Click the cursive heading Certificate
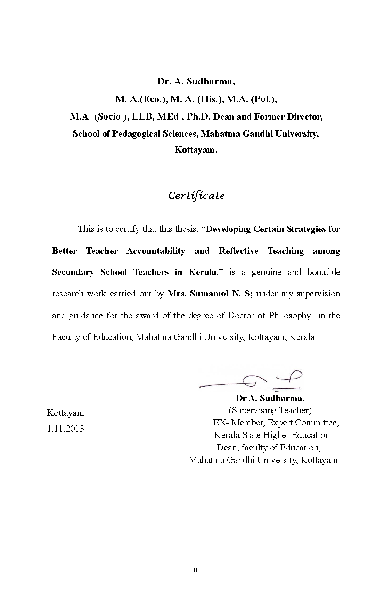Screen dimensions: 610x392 (196, 196)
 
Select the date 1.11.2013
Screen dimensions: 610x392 (65, 429)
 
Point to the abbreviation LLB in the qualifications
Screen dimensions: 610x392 (142, 116)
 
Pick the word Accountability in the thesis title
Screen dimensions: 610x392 (156, 251)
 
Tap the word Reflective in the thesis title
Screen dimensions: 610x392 (238, 251)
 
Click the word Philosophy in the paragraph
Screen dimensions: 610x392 (290, 316)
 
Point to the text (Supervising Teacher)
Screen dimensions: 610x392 (270, 410)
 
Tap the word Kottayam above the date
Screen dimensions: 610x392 (65, 413)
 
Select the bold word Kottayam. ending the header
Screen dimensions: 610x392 (196, 150)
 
